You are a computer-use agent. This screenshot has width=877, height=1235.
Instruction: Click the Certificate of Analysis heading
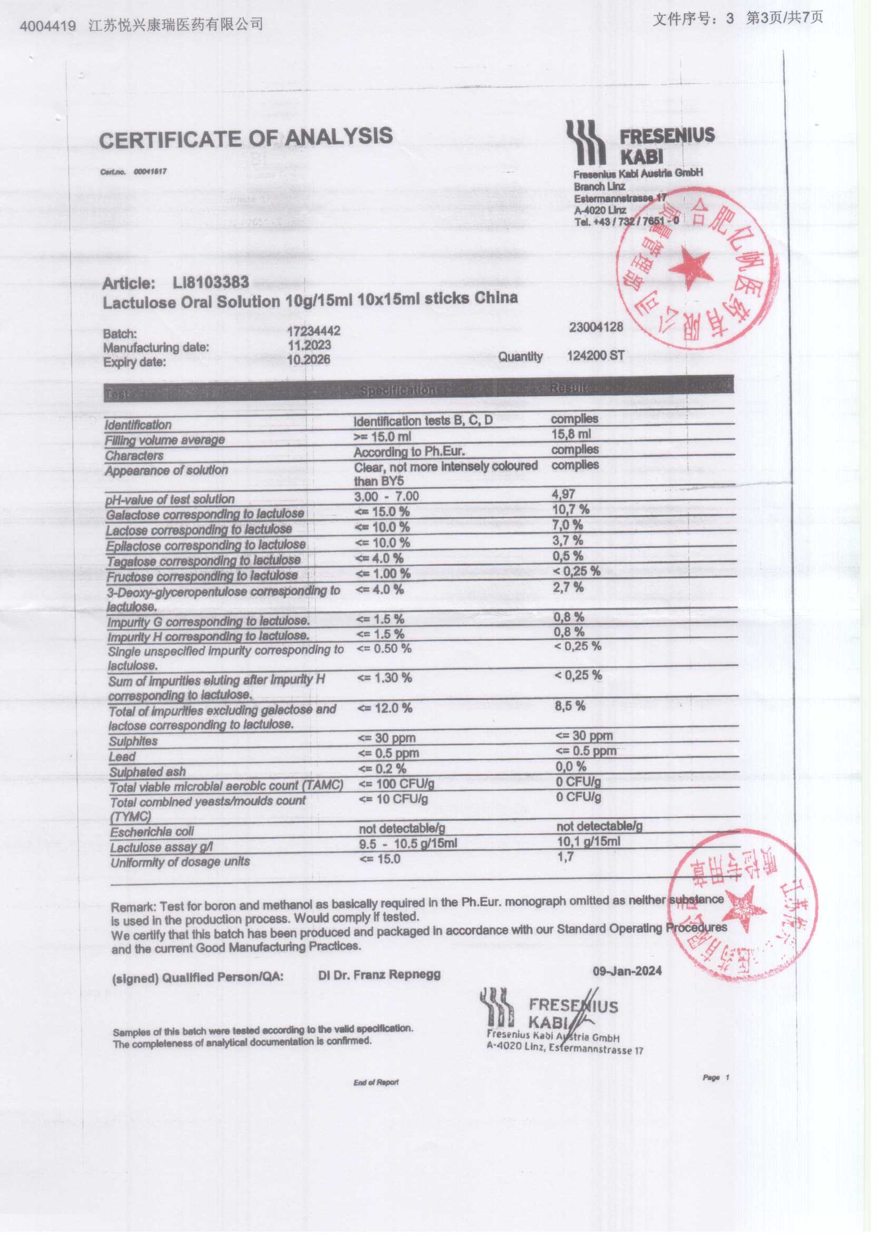[246, 138]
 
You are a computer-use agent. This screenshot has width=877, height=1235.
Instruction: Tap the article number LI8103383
[211, 282]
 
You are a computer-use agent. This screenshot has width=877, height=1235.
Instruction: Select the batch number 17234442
[314, 330]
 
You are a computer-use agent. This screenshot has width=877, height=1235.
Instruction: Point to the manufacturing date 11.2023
[309, 345]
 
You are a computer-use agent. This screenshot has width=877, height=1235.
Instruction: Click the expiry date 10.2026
[309, 359]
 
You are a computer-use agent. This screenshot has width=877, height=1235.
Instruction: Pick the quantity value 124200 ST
[596, 356]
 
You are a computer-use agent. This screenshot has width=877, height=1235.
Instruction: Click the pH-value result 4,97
[564, 493]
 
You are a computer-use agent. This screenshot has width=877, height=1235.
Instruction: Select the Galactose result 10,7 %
[570, 508]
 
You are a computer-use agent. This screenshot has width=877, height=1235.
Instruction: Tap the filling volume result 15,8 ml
[571, 434]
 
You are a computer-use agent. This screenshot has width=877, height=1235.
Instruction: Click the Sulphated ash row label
[148, 772]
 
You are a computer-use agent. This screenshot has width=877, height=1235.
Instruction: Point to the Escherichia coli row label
[152, 832]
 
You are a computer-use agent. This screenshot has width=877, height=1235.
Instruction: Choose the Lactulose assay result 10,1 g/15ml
[589, 841]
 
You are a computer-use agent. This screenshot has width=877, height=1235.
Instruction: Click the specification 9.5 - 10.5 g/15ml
[408, 843]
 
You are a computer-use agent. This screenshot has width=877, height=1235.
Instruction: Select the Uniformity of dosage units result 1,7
[566, 856]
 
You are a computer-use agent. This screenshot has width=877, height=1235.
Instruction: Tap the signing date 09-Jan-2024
[627, 971]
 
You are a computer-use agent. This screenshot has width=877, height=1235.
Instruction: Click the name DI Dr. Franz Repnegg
[379, 974]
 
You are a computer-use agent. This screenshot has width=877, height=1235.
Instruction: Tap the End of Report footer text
[376, 1082]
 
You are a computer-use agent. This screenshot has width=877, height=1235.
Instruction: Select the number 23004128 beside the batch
[596, 327]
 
